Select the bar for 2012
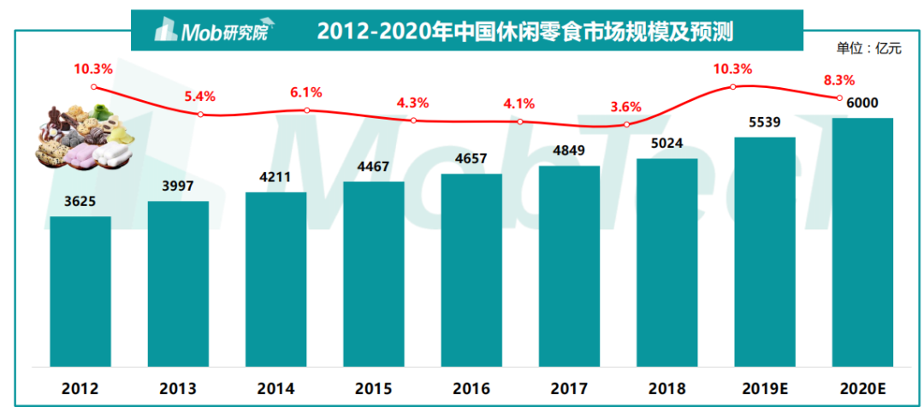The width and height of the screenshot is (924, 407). coord(80,291)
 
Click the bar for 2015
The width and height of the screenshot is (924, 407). coord(374,274)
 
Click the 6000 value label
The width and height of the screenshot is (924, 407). coord(863,103)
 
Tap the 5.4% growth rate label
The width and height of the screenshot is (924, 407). coord(199,95)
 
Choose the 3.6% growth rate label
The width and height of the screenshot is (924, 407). coord(626,107)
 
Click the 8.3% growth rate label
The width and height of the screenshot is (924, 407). coord(838,80)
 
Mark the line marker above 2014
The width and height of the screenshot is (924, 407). coord(306,110)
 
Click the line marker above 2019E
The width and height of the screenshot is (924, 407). coord(733,87)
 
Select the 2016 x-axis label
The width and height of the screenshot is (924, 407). coord(471,388)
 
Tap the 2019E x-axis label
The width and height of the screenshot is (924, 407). coord(765,388)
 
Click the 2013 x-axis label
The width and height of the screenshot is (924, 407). coord(178,388)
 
